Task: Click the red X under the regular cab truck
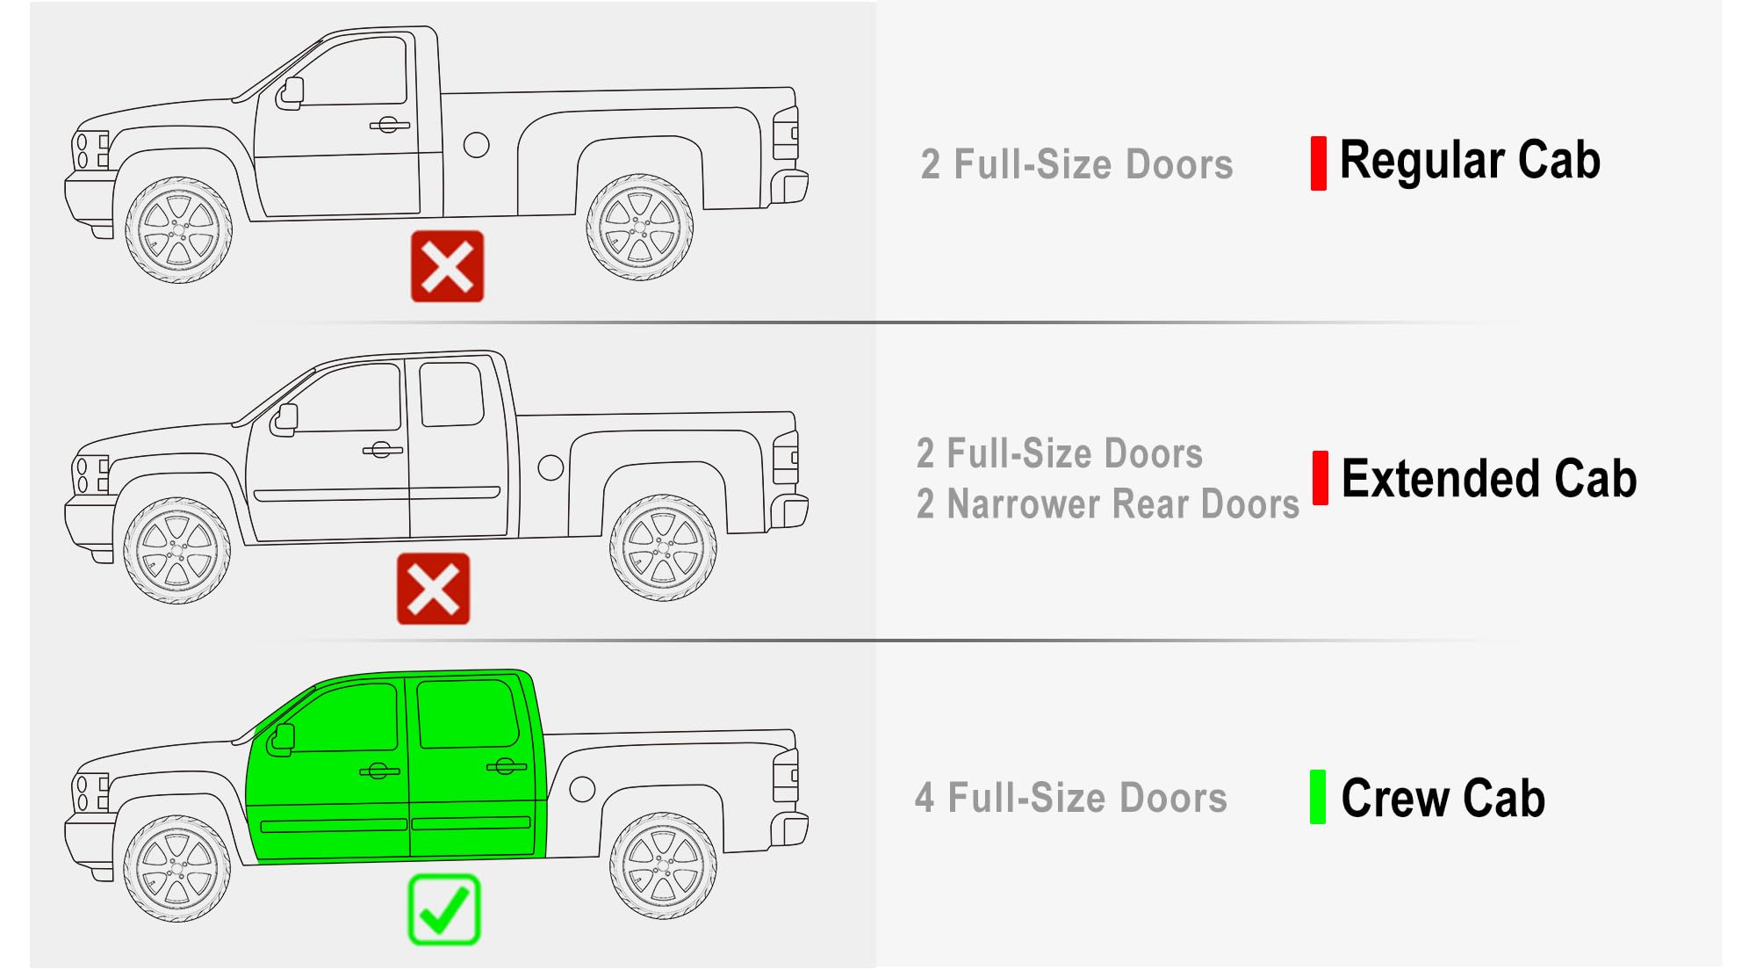pyautogui.click(x=448, y=266)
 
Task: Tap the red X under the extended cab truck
pyautogui.click(x=433, y=589)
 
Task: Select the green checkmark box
pyautogui.click(x=444, y=909)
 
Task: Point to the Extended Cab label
pyautogui.click(x=1489, y=479)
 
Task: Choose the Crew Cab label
pyautogui.click(x=1443, y=798)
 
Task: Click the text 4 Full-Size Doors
pyautogui.click(x=1071, y=798)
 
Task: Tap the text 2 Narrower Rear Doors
pyautogui.click(x=1108, y=504)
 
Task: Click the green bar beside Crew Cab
pyautogui.click(x=1318, y=797)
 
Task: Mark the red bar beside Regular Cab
pyautogui.click(x=1319, y=163)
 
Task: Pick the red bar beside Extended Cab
pyautogui.click(x=1321, y=478)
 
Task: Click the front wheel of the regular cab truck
pyautogui.click(x=179, y=230)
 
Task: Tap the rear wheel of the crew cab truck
pyautogui.click(x=664, y=866)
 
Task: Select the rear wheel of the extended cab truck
pyautogui.click(x=664, y=548)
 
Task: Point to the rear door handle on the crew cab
pyautogui.click(x=506, y=767)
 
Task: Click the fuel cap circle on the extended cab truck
pyautogui.click(x=551, y=467)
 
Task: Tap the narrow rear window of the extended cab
pyautogui.click(x=451, y=394)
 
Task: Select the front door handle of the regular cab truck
pyautogui.click(x=390, y=125)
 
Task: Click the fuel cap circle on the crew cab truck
pyautogui.click(x=582, y=788)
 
